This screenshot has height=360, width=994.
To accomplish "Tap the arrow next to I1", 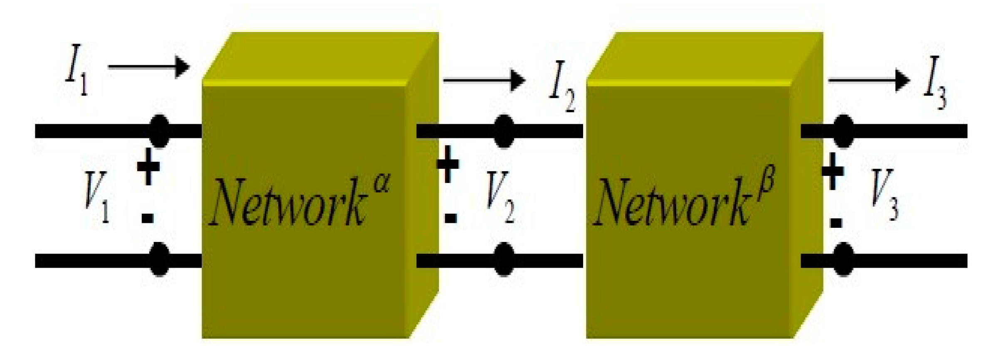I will [148, 67].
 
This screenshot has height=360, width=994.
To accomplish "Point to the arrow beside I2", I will [484, 79].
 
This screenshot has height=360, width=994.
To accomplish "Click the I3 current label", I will [934, 83].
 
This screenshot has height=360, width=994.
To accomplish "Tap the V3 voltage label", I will [884, 195].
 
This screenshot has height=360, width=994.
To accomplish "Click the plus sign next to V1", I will [148, 166].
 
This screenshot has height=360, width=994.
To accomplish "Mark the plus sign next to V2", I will [448, 164].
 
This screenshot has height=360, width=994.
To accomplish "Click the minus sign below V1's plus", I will [148, 218].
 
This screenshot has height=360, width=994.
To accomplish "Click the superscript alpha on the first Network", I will [382, 183].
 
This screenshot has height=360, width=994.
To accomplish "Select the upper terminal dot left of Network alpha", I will [159, 131].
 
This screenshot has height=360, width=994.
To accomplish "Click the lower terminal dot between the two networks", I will [504, 260].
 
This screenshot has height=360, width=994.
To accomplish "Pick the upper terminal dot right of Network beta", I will [843, 131].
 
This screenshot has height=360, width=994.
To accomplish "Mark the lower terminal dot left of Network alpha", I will [159, 260].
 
